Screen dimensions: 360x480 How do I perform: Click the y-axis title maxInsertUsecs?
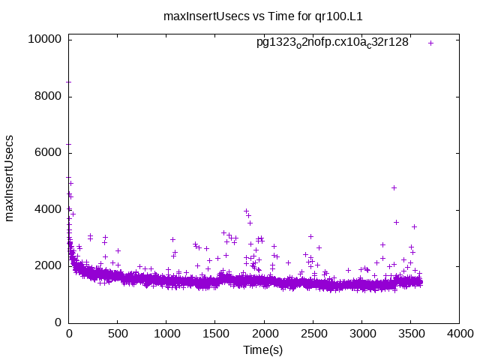point(10,178)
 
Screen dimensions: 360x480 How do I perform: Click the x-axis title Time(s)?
point(263,349)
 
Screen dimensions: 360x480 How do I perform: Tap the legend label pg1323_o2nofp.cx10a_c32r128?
point(332,43)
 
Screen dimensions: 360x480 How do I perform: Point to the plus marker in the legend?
point(431,43)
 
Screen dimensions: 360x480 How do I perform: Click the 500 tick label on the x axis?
point(117,334)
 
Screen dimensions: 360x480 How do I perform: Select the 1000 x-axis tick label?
point(166,334)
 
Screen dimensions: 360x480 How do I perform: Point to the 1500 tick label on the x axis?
point(214,334)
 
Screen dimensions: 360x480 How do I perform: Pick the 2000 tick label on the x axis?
point(263,334)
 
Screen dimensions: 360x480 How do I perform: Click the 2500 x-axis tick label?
point(312,334)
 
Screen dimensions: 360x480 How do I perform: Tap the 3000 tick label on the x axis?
point(361,334)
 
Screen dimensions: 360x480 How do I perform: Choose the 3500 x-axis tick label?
point(409,334)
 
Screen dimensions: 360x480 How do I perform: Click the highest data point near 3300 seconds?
point(394,187)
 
